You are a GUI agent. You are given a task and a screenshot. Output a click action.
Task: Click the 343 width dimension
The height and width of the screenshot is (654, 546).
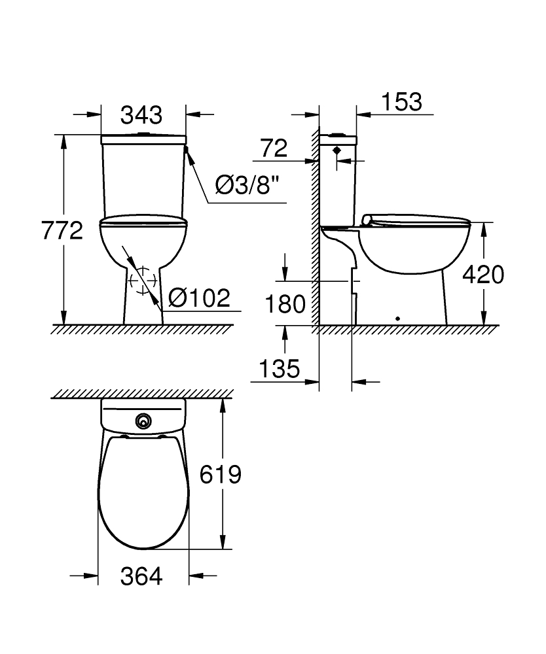[x=141, y=115]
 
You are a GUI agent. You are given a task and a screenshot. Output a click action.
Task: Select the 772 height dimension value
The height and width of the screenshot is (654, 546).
[x=62, y=230]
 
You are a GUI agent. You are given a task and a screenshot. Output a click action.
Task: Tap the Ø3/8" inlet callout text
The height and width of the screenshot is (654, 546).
[x=247, y=185]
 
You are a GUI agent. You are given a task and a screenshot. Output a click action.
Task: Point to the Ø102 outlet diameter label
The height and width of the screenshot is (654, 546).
[x=199, y=298]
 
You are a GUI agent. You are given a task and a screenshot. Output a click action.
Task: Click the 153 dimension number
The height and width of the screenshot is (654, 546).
[x=402, y=102]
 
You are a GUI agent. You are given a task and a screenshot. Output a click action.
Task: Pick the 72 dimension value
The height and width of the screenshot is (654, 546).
[x=274, y=148]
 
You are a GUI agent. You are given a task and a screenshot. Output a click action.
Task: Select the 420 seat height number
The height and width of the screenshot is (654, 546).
[x=483, y=275]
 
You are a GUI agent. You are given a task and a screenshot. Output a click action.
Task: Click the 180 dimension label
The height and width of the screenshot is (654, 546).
[x=285, y=304]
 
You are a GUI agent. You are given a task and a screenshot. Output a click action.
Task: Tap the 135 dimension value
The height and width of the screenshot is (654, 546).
[x=280, y=369]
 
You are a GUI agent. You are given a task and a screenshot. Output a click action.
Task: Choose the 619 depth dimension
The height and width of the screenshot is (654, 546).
[x=221, y=474]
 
